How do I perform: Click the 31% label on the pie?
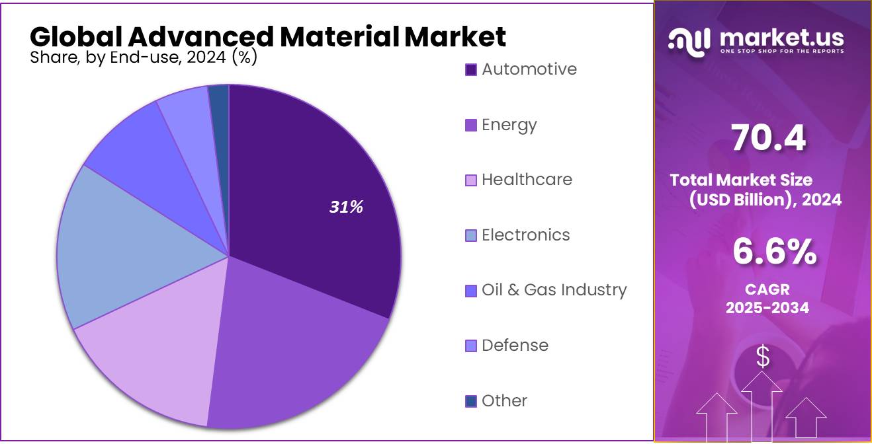pos(347,207)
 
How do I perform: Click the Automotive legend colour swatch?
pos(471,70)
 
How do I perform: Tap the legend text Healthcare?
pos(527,180)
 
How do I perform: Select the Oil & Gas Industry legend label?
pos(554,290)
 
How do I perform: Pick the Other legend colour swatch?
pos(471,401)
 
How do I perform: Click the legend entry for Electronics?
pos(525,235)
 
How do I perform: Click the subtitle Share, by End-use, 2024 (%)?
pos(144,58)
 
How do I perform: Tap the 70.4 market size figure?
pos(768,139)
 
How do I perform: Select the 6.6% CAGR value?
pos(774,252)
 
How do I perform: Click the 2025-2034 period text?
pos(767,308)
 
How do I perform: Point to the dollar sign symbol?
pos(763,357)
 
